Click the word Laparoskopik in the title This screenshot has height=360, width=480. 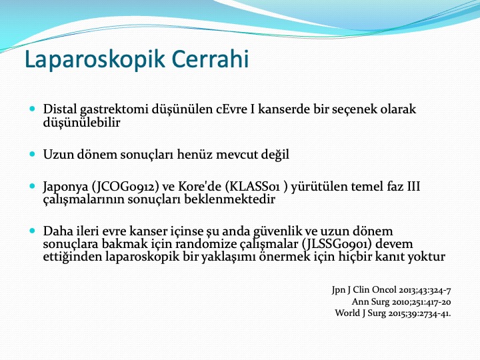95,59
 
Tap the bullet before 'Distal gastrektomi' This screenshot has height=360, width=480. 33,109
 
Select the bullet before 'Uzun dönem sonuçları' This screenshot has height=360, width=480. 33,154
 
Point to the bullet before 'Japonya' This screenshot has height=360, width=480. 33,186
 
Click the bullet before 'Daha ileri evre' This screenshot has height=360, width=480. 33,231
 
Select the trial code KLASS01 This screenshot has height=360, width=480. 255,187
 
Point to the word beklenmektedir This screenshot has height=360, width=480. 229,199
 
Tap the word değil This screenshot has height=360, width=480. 275,155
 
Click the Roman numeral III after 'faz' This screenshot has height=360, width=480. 413,187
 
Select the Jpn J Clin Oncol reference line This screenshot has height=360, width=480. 391,290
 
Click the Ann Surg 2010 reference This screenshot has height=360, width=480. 401,302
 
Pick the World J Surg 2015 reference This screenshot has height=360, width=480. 393,313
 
